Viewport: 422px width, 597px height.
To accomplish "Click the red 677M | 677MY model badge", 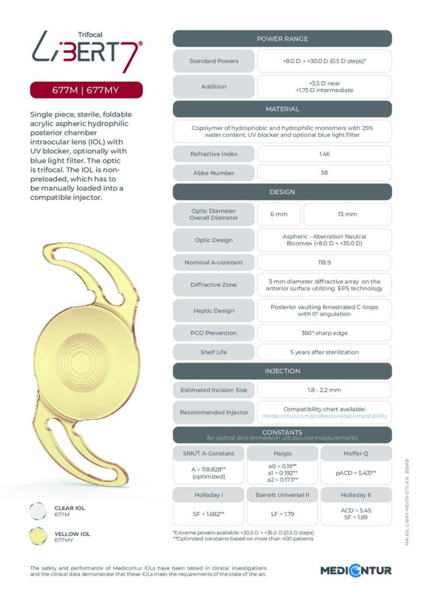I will tap(86, 90).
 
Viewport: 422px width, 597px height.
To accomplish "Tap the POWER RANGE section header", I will tap(282, 38).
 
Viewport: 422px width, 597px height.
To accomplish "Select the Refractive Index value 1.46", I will tap(324, 154).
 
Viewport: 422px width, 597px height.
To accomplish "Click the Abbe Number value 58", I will tap(324, 173).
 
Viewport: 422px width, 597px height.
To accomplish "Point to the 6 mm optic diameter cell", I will tap(279, 214).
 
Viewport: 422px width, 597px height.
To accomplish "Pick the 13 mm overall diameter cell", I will tap(347, 214).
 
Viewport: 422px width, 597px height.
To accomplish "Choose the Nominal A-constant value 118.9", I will tap(324, 262).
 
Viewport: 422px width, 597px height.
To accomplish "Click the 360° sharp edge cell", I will tap(324, 333).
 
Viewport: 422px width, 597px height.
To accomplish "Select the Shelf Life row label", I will tap(214, 352).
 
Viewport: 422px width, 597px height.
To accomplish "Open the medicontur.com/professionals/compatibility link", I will tap(325, 416).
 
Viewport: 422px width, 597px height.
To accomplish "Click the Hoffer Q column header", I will tap(356, 453).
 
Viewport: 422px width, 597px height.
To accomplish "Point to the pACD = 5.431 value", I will tap(356, 473).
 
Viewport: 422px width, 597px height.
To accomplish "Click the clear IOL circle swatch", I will tap(38, 511).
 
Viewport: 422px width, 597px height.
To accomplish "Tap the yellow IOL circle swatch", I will tap(38, 537).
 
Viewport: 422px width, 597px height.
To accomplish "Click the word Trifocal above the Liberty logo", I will tap(89, 35).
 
